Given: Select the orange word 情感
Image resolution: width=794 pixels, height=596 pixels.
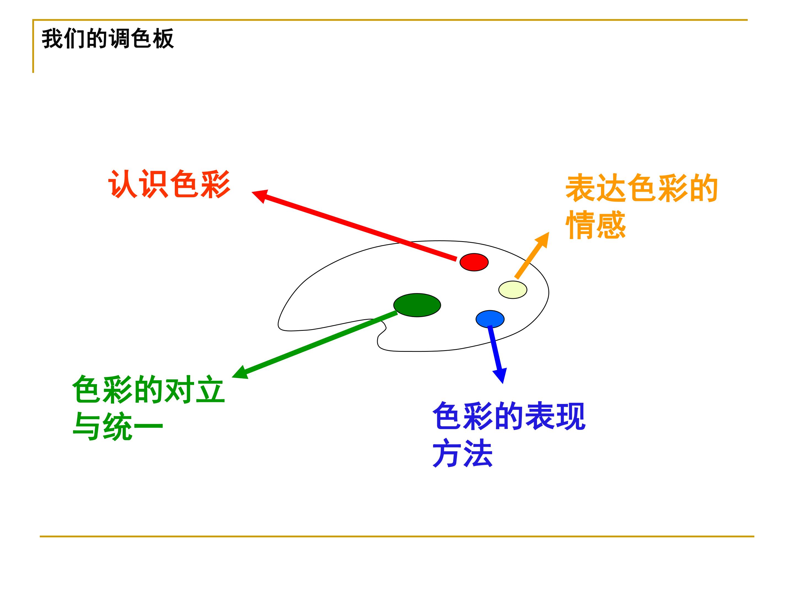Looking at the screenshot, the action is click(596, 225).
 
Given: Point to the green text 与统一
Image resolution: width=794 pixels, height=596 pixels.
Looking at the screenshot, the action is click(118, 426).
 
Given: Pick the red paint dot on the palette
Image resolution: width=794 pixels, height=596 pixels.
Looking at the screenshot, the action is click(474, 262).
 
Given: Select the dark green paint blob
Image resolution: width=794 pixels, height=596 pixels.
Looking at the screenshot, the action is click(417, 305).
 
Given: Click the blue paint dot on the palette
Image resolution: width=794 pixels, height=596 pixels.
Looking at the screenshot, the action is click(490, 319).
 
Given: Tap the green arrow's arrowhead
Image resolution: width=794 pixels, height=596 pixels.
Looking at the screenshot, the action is click(240, 373).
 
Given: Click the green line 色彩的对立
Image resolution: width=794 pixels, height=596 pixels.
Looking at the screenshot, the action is click(148, 390).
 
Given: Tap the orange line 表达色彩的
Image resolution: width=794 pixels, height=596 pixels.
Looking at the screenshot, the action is click(642, 188).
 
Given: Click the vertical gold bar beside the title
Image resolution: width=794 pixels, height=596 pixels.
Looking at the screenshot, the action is click(33, 46).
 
